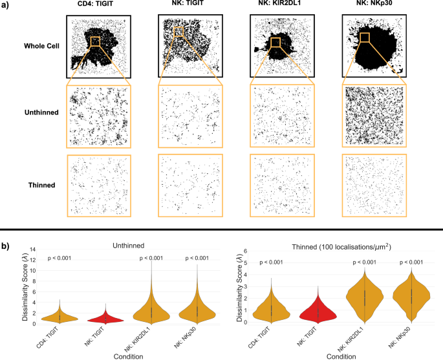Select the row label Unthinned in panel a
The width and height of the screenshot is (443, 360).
(37, 112)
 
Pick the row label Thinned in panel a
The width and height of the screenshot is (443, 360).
(41, 185)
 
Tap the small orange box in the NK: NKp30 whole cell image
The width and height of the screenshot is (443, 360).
(365, 37)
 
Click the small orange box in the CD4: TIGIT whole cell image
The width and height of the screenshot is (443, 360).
(95, 41)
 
